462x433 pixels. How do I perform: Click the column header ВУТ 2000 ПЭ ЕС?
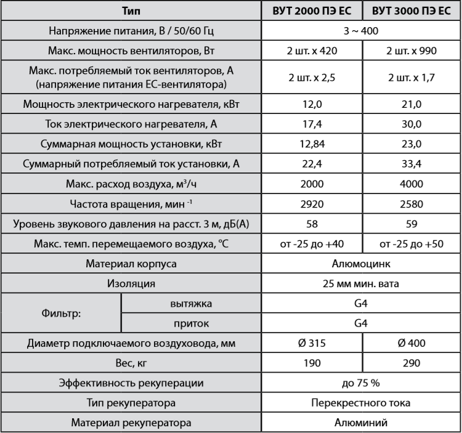310,11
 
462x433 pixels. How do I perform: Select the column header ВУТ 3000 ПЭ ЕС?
411,11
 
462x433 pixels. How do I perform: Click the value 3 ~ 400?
360,31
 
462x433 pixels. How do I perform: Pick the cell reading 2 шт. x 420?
310,51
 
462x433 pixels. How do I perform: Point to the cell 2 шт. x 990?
411,51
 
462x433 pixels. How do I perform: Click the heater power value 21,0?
411,105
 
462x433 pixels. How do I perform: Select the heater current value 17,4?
310,124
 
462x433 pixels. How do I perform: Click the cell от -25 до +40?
310,245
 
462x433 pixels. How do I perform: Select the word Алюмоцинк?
360,264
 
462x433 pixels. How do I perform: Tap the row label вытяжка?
190,303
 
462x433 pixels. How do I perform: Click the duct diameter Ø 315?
310,342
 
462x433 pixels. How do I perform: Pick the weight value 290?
411,362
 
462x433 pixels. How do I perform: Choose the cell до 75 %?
360,382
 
